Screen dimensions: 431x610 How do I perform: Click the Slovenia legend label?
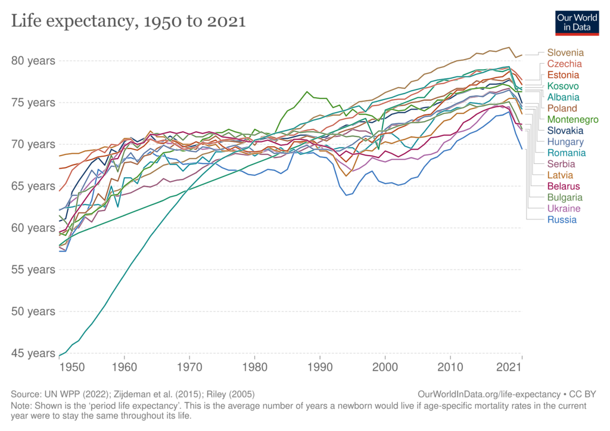[x=565, y=52]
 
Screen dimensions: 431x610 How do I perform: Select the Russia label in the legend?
[x=562, y=219]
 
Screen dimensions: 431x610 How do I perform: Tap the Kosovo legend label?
[x=564, y=86]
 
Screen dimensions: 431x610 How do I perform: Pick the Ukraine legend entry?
[x=564, y=209]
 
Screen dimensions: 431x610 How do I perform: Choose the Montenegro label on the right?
[x=572, y=119]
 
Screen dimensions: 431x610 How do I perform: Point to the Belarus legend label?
[x=564, y=186]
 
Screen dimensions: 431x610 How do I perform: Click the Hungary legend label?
[x=565, y=142]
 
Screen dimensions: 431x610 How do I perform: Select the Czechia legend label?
[x=564, y=64]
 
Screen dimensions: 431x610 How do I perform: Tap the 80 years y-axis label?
[x=33, y=61]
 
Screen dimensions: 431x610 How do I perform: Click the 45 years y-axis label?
[x=33, y=354]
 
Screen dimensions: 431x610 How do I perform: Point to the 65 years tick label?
[x=33, y=186]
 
